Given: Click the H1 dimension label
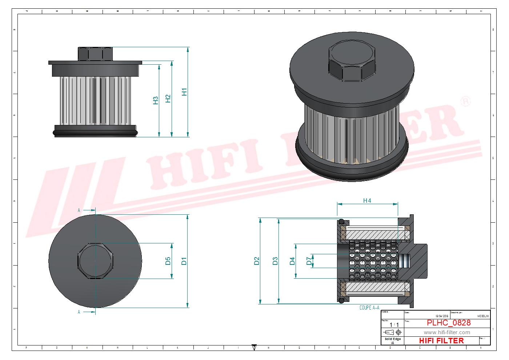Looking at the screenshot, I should point(184,92).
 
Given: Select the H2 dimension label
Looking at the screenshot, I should point(168,98).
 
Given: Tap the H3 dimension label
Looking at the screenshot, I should point(156,100).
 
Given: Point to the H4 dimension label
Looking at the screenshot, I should point(367,201).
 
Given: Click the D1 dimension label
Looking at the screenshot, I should point(184,261).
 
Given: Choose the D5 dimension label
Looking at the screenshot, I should point(168,261).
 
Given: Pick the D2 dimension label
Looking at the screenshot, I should point(257,261).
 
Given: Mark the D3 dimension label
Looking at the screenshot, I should point(275,261).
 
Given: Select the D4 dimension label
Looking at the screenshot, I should point(292,261).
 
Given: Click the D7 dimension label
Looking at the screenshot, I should point(309,261).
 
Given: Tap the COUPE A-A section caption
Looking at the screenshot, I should point(369,308).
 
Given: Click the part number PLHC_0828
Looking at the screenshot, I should point(448,323).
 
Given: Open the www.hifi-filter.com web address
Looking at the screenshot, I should point(446,332).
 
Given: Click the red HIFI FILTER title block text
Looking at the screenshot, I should point(441,341).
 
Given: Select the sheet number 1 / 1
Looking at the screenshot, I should point(394,325).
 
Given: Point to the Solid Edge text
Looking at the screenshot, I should point(393,339).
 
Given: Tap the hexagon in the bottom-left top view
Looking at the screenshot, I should point(95,261).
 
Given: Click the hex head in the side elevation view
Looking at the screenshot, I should point(95,54).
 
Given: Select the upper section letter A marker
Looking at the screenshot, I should point(79,210).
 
